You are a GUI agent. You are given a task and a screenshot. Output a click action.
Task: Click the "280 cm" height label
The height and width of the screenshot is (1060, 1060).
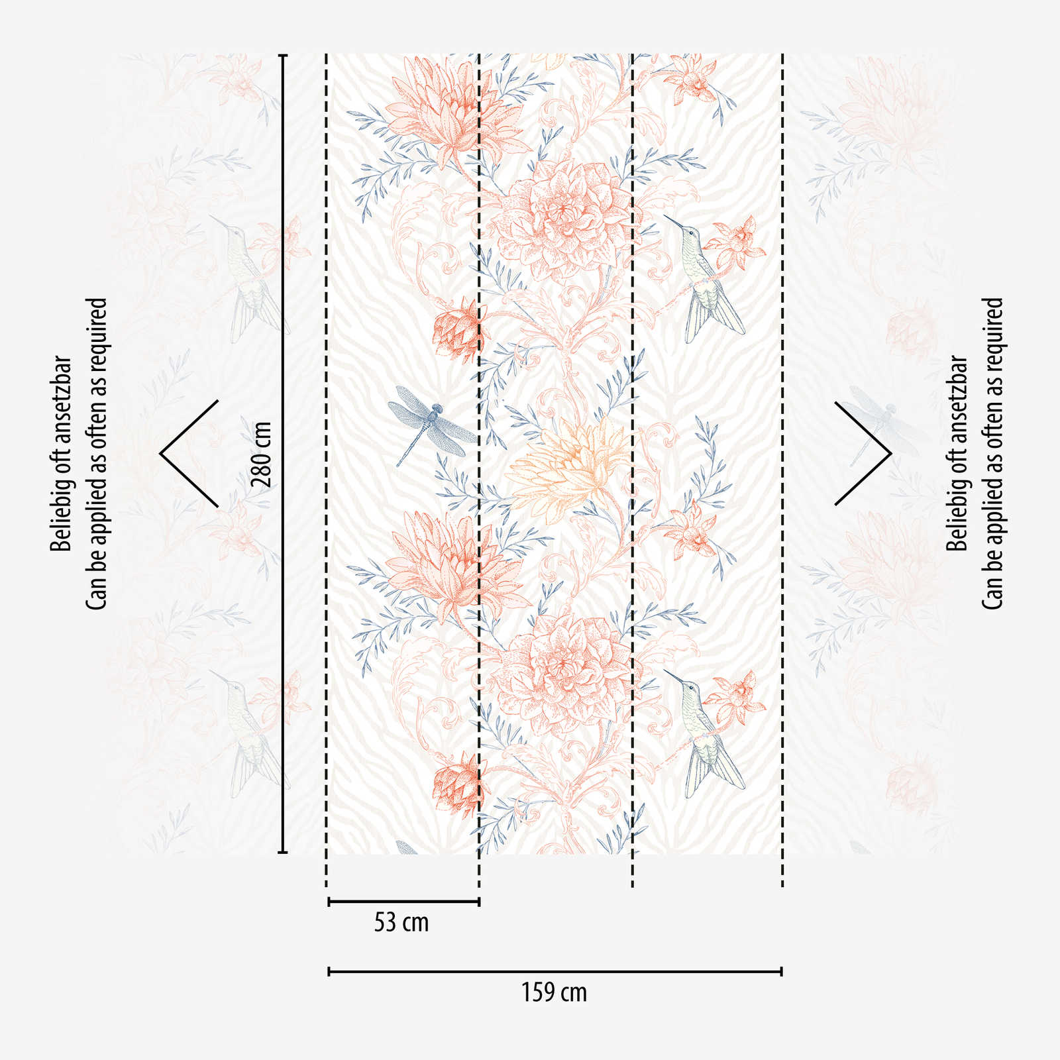[262, 454]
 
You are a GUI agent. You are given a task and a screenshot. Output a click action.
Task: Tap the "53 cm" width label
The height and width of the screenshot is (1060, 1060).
[401, 922]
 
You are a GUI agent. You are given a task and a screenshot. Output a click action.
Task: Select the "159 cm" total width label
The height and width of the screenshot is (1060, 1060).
[554, 992]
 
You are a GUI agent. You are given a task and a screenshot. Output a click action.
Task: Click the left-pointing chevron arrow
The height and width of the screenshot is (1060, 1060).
[188, 454]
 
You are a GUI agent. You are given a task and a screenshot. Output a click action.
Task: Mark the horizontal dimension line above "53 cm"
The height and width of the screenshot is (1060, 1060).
[403, 901]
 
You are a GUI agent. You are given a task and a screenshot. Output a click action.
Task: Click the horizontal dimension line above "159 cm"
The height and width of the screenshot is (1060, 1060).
[555, 971]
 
